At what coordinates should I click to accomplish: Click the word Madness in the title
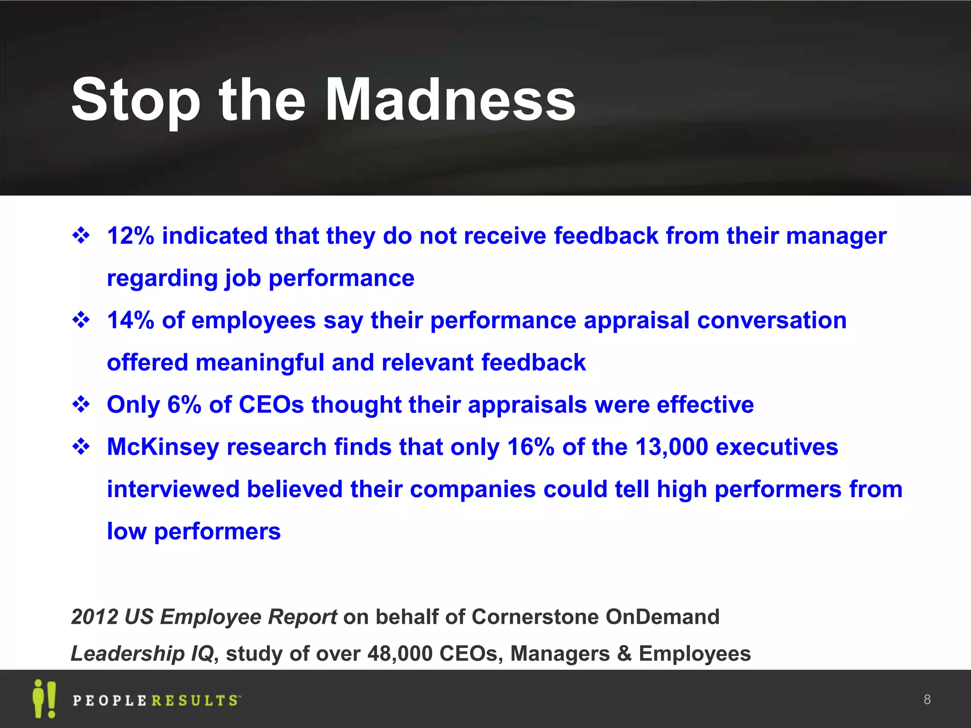pos(450,100)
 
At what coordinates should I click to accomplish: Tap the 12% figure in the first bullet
pos(130,236)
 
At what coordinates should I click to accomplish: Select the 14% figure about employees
pos(130,320)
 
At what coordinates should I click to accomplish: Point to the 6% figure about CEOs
pos(184,405)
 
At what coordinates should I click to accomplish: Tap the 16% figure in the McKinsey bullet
pos(531,447)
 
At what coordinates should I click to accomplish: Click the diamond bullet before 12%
pos(81,236)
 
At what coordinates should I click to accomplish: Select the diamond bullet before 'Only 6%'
pos(81,405)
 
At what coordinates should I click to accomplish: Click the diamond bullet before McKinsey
pos(81,447)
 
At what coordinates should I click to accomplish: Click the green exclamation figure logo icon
pos(44,699)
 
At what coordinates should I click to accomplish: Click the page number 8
pos(927,699)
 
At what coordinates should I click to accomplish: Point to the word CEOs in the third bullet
pos(271,405)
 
